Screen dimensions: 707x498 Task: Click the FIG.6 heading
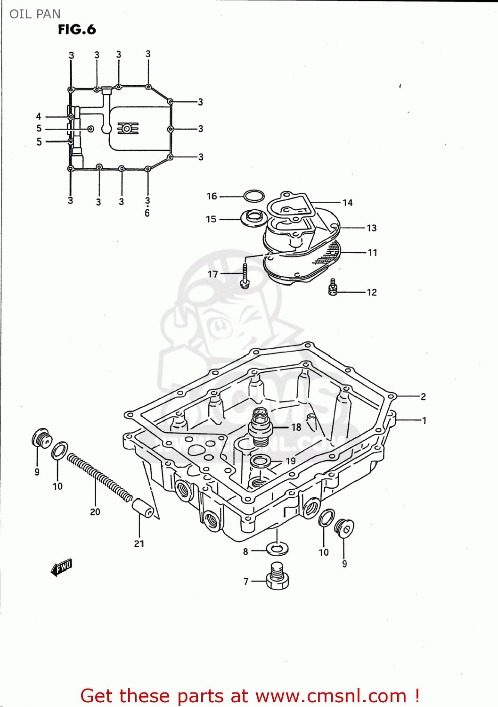[77, 30]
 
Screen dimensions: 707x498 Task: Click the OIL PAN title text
[35, 14]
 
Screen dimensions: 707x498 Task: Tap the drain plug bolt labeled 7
[278, 576]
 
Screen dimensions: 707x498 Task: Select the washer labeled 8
[277, 549]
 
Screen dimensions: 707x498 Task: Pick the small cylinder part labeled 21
[143, 507]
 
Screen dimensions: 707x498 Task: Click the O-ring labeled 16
[254, 196]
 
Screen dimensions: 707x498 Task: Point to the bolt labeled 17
[245, 276]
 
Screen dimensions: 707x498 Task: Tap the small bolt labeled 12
[333, 287]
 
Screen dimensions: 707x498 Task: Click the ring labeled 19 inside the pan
[260, 461]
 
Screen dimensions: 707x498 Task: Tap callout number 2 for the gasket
[423, 397]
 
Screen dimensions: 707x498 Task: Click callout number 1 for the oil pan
[424, 420]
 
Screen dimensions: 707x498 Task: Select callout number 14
[348, 203]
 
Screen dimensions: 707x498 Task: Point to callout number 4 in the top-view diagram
[39, 116]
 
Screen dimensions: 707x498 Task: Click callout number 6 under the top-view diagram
[147, 213]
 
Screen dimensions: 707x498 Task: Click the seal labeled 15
[253, 218]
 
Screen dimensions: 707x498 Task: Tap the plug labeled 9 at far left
[41, 438]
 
